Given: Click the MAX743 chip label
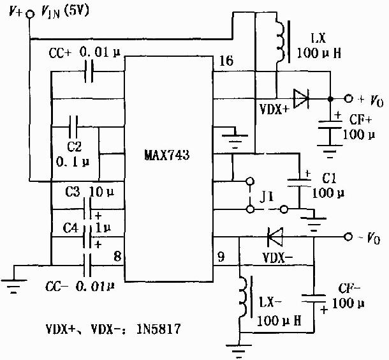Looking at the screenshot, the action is point(167,155).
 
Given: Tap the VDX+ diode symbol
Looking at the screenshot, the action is point(301,98).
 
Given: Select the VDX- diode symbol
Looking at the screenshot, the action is point(275,237).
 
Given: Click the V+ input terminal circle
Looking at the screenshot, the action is point(30,14).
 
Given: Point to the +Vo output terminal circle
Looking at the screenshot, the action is point(348,98).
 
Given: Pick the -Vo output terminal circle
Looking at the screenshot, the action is point(348,237).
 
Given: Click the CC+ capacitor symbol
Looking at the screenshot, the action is point(89,71).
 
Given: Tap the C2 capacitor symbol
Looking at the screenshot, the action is point(73,127).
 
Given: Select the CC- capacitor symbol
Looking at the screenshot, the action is point(87,265).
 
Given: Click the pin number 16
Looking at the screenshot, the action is point(226,61).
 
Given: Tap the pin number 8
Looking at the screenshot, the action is point(117,256).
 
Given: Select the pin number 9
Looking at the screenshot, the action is point(221,257).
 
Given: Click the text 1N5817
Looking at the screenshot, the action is point(158,329).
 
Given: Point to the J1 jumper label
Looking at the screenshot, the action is point(266,197).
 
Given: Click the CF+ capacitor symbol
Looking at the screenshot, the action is point(330,124).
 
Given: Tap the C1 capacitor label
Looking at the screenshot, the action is point(329,178).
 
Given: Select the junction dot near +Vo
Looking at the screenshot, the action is point(330,99).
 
